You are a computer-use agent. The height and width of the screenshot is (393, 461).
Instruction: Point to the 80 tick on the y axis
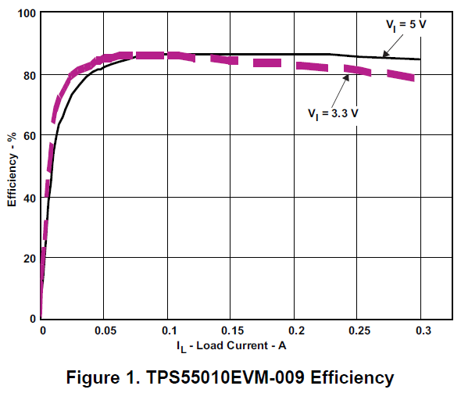pos(27,75)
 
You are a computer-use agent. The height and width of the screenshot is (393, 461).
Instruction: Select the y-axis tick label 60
pos(27,136)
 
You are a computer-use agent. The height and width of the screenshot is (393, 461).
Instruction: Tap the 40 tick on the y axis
pos(27,197)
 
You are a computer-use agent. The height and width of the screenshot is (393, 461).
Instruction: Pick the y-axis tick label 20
pos(27,258)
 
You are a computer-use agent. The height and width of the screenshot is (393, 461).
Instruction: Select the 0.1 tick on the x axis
pos(168,330)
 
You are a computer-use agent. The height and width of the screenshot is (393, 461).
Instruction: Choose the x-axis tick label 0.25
pos(359,330)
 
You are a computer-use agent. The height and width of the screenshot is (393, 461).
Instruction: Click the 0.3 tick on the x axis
pos(423,330)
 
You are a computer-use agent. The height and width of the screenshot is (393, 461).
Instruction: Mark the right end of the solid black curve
pos(420,59)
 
